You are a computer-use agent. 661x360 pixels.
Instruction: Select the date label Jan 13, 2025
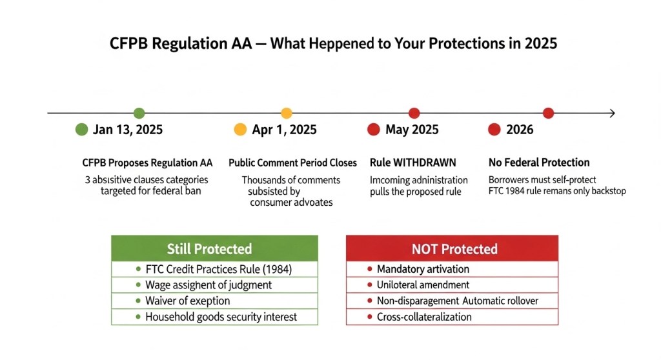[x=127, y=130]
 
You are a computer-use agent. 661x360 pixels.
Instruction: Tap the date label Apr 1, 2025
[x=284, y=130]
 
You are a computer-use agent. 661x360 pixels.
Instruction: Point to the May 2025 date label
[x=411, y=130]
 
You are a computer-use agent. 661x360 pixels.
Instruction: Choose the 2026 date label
[x=520, y=130]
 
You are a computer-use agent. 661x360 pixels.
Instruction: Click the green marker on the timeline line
[x=139, y=113]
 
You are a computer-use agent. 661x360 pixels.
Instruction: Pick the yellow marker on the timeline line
[x=287, y=113]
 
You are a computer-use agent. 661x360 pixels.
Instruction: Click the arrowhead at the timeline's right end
[x=611, y=114]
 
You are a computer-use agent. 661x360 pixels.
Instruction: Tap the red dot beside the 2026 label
[x=494, y=130]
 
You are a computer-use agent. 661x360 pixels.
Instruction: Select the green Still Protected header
[x=215, y=248]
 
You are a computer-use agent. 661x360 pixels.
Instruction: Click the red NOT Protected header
[x=452, y=248]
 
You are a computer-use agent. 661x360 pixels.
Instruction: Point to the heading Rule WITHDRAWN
[x=412, y=163]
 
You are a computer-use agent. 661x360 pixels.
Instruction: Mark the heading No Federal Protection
[x=539, y=163]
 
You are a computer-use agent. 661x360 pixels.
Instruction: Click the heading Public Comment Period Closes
[x=292, y=163]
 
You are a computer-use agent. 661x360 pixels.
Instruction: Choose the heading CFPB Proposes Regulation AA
[x=147, y=163]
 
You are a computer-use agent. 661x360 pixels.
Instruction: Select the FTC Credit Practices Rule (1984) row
[x=215, y=269]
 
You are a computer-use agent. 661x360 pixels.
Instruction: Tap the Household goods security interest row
[x=215, y=317]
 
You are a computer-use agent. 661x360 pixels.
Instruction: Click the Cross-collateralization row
[x=452, y=317]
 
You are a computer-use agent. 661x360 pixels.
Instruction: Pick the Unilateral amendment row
[x=452, y=285]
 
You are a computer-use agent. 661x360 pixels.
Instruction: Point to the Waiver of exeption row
[x=215, y=301]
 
